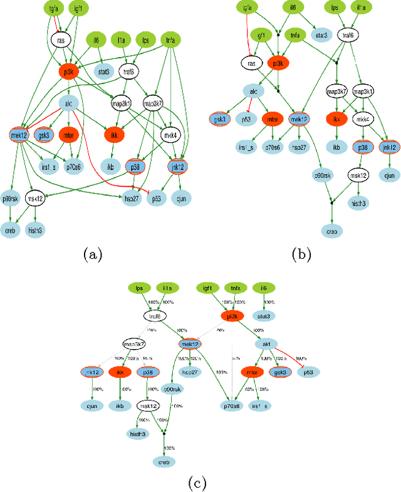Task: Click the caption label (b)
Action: pos(303,254)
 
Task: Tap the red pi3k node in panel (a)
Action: pos(69,71)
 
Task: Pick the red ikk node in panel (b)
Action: pos(337,118)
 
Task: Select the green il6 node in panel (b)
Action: pos(290,8)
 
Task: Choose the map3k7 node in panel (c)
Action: pos(134,345)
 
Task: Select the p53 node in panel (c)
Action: pos(307,372)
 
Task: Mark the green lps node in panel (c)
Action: pos(138,288)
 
